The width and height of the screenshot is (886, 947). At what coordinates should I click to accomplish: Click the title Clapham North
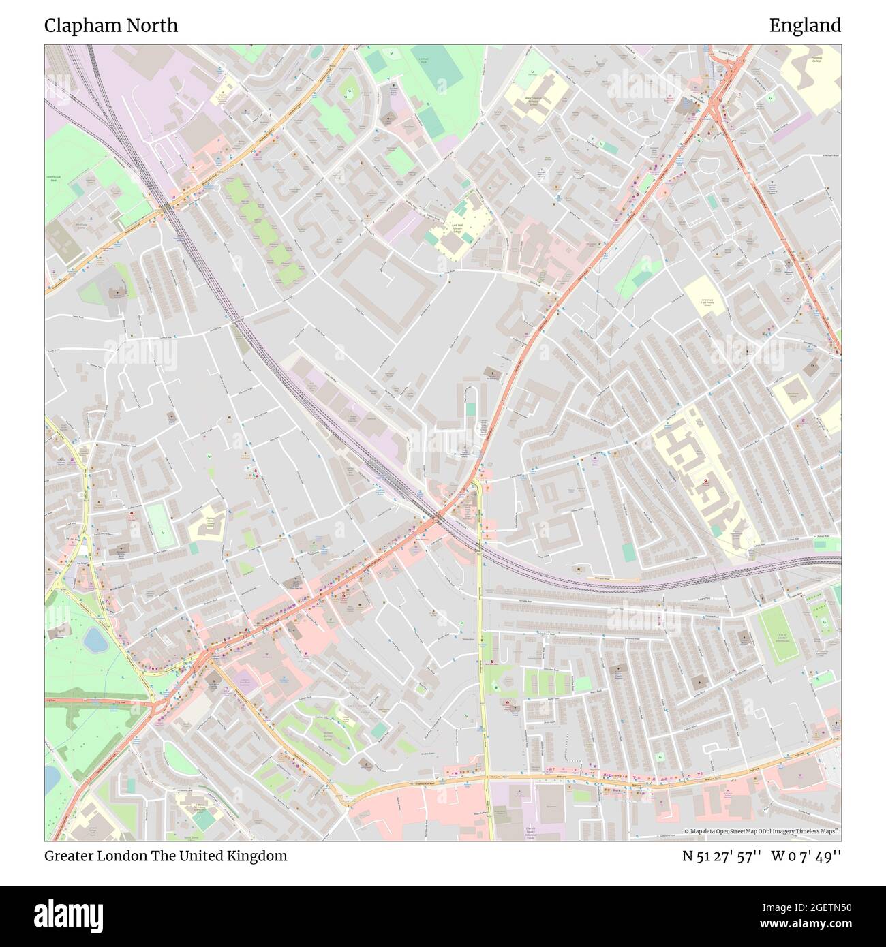point(111,26)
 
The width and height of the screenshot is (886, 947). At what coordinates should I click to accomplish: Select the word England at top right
point(805,26)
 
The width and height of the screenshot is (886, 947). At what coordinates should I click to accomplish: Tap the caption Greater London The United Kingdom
point(166,856)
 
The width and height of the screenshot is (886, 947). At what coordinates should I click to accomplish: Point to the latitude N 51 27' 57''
point(721,856)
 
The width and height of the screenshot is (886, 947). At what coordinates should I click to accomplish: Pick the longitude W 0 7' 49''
point(806,856)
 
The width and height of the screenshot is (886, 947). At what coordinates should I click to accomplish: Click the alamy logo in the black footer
point(68,914)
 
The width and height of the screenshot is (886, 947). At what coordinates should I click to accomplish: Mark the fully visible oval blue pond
point(95,639)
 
